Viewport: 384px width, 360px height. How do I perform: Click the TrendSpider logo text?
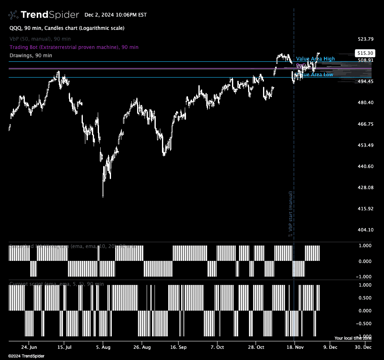click(49, 15)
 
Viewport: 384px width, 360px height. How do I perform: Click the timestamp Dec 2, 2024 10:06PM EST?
click(116, 15)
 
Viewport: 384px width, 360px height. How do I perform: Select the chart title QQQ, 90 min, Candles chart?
click(67, 28)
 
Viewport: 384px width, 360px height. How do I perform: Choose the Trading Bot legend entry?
click(74, 47)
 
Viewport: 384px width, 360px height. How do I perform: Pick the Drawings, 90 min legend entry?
click(31, 55)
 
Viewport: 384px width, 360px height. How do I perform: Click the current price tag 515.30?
click(365, 53)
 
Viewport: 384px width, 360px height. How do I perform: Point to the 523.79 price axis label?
click(366, 39)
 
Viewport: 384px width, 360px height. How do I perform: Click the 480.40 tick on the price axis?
click(366, 102)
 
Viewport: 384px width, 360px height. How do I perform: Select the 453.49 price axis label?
click(366, 145)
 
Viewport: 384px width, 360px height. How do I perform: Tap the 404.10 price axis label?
click(366, 230)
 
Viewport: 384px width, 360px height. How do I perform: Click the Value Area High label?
click(315, 59)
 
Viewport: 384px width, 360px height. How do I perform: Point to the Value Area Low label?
click(317, 75)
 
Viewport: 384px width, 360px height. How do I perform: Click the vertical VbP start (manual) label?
click(290, 213)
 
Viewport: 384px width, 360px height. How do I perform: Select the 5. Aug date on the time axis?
click(103, 347)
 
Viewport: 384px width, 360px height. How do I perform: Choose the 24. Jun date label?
click(29, 347)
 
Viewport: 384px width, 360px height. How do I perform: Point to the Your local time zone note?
click(353, 338)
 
